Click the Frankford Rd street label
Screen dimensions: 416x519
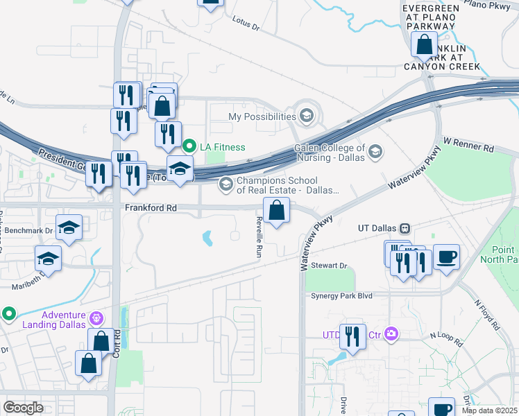pyautogui.click(x=151, y=207)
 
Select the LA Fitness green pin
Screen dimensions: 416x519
pyautogui.click(x=188, y=147)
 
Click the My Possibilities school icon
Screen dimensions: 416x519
pyautogui.click(x=307, y=116)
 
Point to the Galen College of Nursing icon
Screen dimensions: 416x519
pyautogui.click(x=375, y=152)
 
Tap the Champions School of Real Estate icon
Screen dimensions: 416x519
pyautogui.click(x=226, y=184)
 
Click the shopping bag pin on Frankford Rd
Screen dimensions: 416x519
pyautogui.click(x=276, y=210)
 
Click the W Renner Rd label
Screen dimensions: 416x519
pyautogui.click(x=468, y=148)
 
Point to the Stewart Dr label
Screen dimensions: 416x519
pyautogui.click(x=328, y=266)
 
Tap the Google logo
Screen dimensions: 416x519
pyautogui.click(x=24, y=407)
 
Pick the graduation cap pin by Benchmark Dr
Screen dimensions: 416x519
pyautogui.click(x=69, y=227)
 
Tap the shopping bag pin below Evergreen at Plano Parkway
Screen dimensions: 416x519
pyautogui.click(x=423, y=44)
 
